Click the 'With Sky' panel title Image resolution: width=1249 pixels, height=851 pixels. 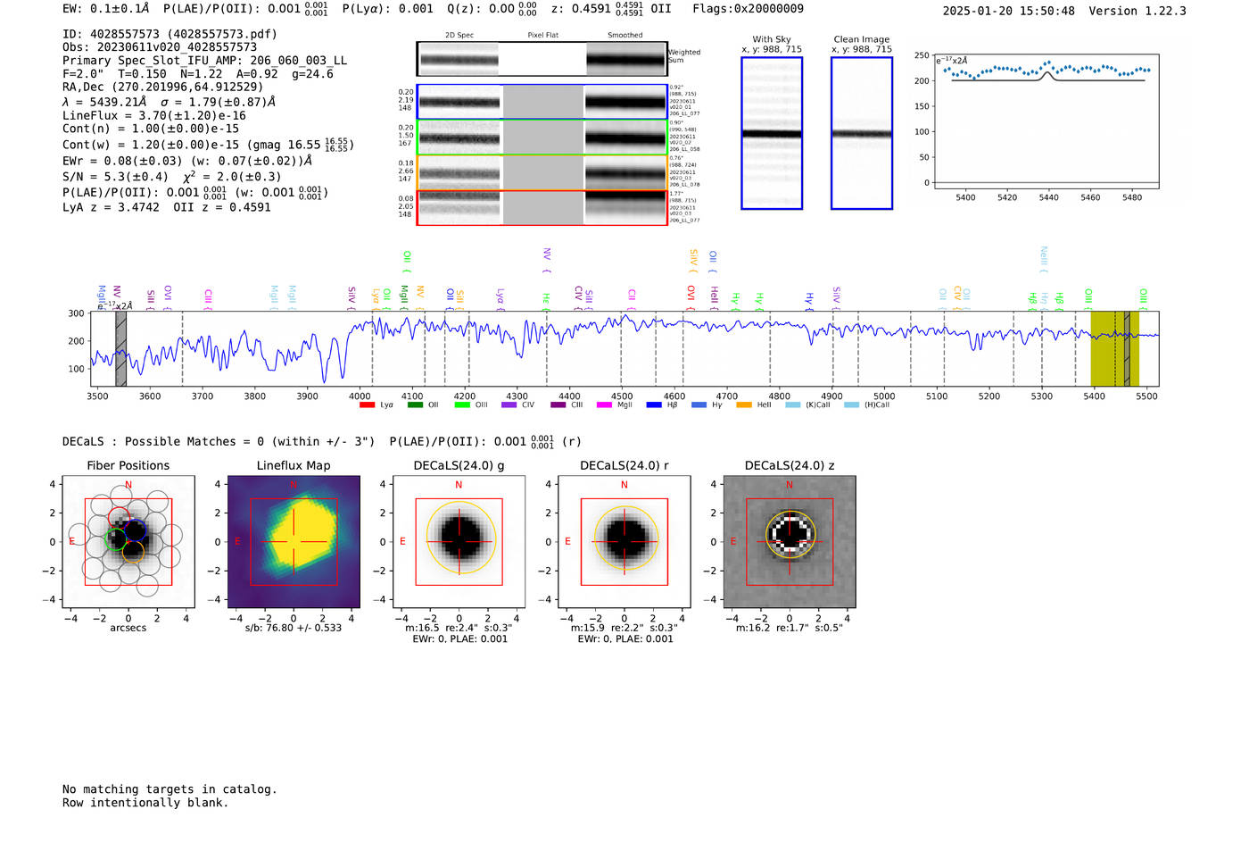(x=772, y=39)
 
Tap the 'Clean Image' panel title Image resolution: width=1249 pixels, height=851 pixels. (x=861, y=39)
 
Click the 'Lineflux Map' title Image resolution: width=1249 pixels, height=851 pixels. (x=294, y=465)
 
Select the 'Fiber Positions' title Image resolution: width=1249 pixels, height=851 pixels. (x=128, y=465)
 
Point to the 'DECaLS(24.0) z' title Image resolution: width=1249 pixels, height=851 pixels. (x=790, y=465)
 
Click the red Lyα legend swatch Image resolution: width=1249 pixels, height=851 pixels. (x=367, y=405)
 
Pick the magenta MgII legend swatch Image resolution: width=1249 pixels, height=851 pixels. (x=604, y=405)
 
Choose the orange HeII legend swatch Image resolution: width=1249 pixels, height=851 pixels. (x=744, y=405)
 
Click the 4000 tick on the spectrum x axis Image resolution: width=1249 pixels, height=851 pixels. (x=360, y=396)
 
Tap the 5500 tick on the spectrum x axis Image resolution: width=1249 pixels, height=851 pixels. (x=1146, y=396)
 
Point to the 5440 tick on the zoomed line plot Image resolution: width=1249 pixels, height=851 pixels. (x=1048, y=197)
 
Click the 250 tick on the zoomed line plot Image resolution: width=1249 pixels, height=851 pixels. (x=922, y=55)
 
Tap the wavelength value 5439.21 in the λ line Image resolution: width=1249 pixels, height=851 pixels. (x=114, y=102)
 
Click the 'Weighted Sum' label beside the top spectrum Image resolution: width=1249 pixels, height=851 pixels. (x=684, y=56)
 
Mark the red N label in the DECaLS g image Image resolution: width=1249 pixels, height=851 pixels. (x=459, y=485)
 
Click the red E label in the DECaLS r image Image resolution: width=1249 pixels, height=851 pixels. (x=567, y=541)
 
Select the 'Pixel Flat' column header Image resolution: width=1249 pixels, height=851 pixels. (x=542, y=36)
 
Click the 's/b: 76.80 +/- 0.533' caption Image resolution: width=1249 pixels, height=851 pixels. (x=294, y=628)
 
